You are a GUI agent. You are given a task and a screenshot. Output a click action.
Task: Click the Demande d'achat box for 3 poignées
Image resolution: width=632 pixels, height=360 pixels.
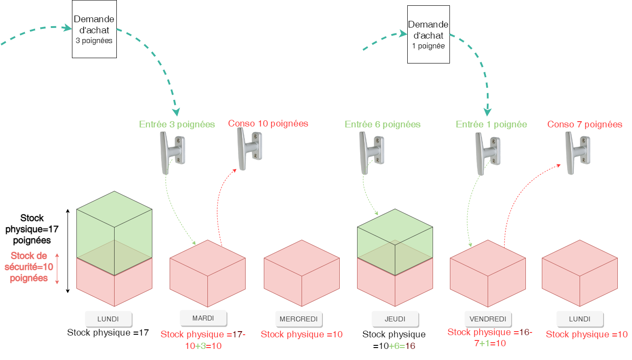click(x=94, y=29)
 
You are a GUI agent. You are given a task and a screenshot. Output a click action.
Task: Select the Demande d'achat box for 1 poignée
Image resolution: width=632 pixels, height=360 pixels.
click(x=428, y=34)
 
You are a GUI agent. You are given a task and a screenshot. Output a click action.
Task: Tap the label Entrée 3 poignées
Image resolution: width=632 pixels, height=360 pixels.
click(x=177, y=124)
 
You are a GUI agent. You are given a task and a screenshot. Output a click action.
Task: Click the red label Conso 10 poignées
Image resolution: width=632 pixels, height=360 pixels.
click(x=268, y=123)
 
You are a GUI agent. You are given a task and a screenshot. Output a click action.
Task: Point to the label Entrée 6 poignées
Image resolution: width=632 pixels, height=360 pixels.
click(x=382, y=124)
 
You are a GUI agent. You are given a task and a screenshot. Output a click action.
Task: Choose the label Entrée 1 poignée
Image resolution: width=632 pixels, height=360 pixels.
click(x=491, y=124)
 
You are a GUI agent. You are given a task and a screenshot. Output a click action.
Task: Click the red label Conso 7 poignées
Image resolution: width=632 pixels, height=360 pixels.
click(x=584, y=124)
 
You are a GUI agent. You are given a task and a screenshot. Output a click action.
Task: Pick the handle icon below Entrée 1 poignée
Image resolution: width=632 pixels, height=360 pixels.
click(x=488, y=153)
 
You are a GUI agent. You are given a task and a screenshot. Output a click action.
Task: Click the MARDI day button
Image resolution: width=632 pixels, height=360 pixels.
click(x=203, y=318)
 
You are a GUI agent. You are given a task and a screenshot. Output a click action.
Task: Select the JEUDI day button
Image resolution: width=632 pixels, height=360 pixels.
click(x=395, y=319)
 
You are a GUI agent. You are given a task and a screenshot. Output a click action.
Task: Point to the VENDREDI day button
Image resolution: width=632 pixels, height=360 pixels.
click(x=488, y=319)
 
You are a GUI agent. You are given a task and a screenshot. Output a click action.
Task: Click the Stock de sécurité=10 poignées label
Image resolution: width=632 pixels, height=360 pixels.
click(x=29, y=267)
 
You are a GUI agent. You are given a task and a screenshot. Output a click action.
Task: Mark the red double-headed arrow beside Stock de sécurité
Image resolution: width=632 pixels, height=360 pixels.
click(x=57, y=268)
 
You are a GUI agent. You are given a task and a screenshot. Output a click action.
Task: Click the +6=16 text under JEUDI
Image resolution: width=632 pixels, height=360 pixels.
click(x=401, y=346)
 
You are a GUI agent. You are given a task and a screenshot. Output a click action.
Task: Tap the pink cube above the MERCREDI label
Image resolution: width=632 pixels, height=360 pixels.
click(x=302, y=273)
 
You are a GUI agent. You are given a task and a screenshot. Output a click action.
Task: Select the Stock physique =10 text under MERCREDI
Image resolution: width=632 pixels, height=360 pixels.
click(x=302, y=334)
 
